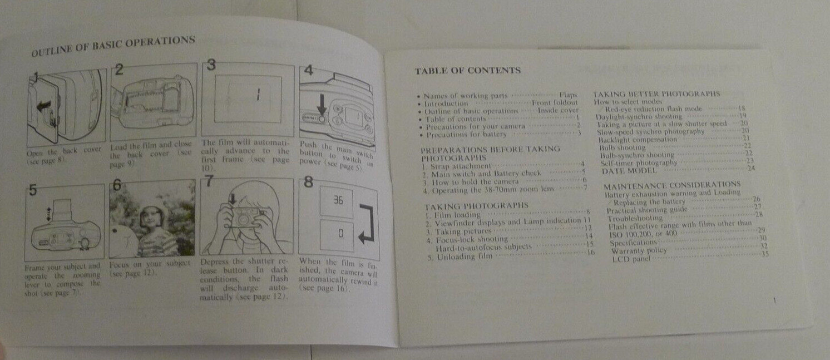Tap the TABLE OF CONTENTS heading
(x=467, y=71)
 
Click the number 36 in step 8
(x=337, y=201)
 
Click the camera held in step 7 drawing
(x=243, y=217)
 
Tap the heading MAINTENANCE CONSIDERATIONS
(x=671, y=184)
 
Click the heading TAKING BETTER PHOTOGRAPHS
(x=657, y=94)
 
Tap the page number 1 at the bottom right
(x=774, y=301)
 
